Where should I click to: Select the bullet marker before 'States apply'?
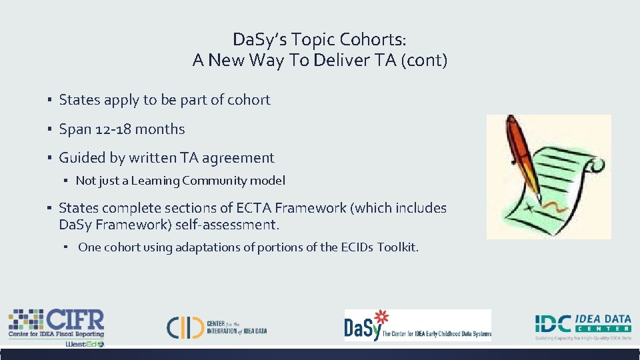tap(50, 100)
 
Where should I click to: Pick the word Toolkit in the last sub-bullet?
tap(397, 247)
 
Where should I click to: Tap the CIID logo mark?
tap(185, 326)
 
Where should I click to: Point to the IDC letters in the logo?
tap(553, 323)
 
